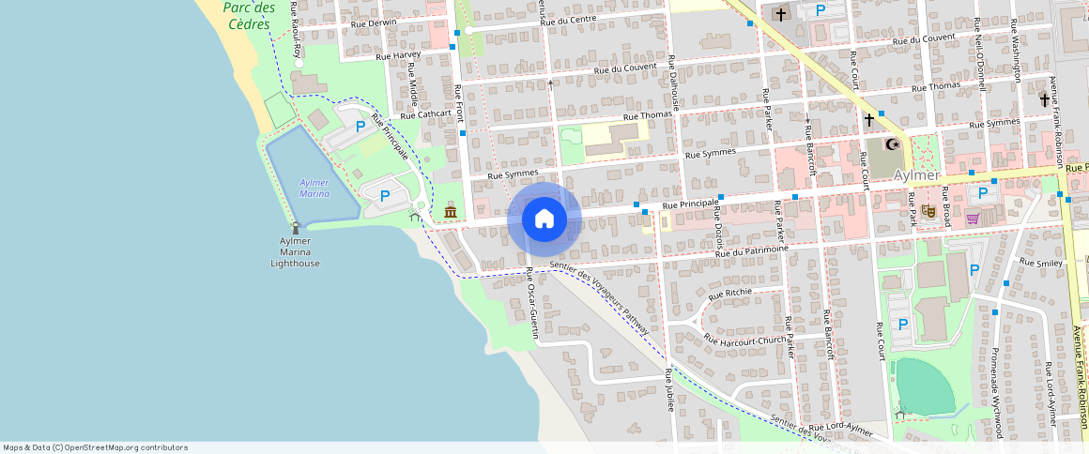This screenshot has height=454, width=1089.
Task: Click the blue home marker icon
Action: pos(544,219)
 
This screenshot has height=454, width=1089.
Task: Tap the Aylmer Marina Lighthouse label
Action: pos(295,252)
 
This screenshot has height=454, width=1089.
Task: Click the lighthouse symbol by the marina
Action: pos(296,227)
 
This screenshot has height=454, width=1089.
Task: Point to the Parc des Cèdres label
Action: pos(249,15)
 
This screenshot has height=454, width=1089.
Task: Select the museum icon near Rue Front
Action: pos(451,213)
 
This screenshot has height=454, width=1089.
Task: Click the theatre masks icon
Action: pos(927,211)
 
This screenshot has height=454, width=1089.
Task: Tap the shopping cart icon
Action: pos(973,219)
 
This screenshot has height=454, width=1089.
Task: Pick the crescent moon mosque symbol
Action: pos(894,144)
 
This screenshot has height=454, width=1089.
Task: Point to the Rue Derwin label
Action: pos(373,23)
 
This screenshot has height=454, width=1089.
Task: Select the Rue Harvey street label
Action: pos(397,55)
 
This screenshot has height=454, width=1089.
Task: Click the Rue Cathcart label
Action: pos(425,115)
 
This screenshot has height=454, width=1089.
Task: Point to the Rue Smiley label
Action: pos(1043,264)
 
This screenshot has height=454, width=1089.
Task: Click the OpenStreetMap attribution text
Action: pos(95,447)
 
